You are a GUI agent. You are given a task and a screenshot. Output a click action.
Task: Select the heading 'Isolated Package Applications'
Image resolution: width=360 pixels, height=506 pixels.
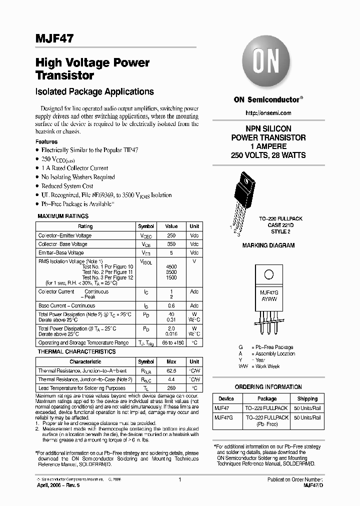point(94,92)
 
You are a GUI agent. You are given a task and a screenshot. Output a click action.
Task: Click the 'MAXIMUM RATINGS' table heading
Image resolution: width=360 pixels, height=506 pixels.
point(63,216)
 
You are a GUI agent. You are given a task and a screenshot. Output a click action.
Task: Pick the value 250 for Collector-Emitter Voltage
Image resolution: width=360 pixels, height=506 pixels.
point(171,235)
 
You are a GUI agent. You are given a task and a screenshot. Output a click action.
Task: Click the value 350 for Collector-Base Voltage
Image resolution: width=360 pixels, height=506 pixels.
point(171,244)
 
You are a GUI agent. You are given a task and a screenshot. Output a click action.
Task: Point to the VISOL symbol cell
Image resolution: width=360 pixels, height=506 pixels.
point(145,261)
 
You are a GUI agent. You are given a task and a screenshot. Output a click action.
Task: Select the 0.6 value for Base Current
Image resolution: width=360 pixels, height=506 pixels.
point(171,305)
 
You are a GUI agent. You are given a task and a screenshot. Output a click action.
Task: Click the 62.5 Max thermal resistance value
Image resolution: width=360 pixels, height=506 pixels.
point(171,371)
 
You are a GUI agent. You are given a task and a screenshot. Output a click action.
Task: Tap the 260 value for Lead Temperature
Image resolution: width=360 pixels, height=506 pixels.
point(171,388)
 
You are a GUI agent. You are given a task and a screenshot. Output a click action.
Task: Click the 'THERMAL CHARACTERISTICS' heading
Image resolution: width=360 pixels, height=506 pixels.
point(76,352)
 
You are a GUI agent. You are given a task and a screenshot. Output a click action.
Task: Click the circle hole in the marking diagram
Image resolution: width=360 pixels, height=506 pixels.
point(268,274)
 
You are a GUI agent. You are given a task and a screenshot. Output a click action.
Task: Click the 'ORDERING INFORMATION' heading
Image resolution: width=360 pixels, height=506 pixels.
point(268,387)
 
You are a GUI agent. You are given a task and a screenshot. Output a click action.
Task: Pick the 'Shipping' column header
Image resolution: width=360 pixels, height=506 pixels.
point(307,398)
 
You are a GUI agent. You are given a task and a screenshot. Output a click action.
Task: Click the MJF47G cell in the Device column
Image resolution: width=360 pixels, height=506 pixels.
point(224,417)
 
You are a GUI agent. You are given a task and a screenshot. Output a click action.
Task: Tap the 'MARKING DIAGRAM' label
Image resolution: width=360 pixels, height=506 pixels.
point(268,245)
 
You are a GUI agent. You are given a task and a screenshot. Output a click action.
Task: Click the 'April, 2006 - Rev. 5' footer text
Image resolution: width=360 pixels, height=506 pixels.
point(57,485)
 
